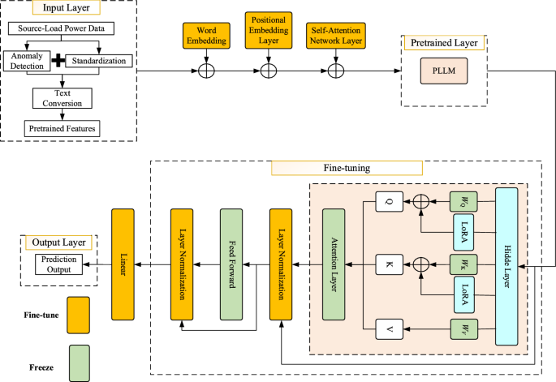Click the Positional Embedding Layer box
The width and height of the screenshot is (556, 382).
[x=267, y=33]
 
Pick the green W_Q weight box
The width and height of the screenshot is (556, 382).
[x=460, y=200]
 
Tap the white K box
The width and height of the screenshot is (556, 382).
[x=389, y=264]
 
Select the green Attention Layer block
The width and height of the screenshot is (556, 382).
[x=334, y=264]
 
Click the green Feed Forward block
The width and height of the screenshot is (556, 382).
[x=232, y=264]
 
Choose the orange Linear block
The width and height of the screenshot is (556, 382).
[x=123, y=264]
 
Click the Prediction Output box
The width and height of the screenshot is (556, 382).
[x=58, y=264]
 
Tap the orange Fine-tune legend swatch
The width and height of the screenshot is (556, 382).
[x=79, y=311]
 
